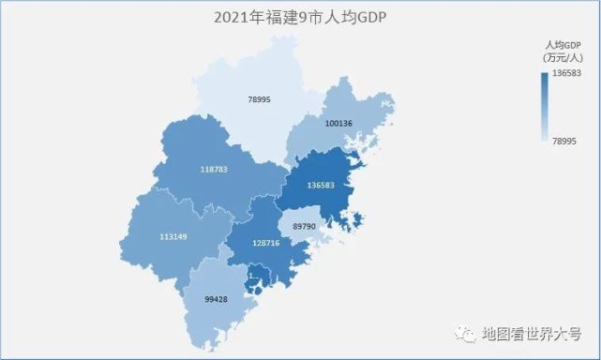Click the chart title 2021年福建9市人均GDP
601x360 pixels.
click(x=300, y=16)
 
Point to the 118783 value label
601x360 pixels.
click(x=214, y=170)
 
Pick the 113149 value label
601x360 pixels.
click(x=173, y=236)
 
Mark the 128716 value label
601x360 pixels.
click(x=266, y=243)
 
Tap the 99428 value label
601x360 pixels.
click(x=216, y=299)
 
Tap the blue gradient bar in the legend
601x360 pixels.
click(x=545, y=106)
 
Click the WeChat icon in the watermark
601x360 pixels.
click(x=465, y=335)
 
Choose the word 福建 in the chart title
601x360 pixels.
click(x=278, y=16)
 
